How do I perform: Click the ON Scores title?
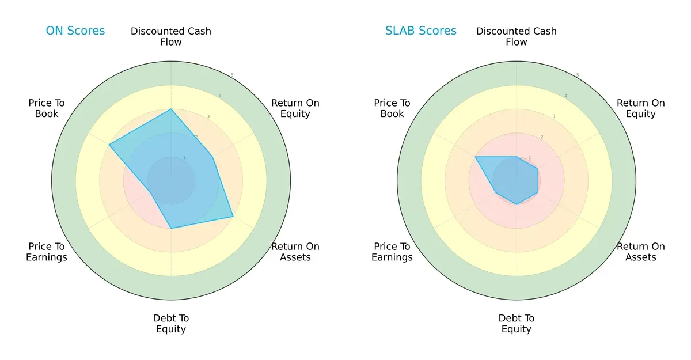[75, 31]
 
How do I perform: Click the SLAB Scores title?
[421, 31]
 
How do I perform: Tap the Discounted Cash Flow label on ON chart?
[171, 36]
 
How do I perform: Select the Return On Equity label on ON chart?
[295, 108]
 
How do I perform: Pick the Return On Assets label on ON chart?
[295, 252]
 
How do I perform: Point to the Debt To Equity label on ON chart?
[171, 324]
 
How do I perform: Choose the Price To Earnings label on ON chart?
[47, 252]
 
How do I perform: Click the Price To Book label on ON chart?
[47, 108]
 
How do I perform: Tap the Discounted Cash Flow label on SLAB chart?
[517, 36]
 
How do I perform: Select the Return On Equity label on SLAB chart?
[641, 108]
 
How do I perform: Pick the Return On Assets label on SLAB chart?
[641, 252]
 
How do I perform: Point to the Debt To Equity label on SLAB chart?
[517, 324]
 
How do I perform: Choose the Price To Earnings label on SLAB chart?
[392, 252]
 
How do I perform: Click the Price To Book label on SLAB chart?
[392, 108]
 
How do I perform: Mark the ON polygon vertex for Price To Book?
[109, 145]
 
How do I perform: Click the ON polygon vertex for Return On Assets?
[233, 217]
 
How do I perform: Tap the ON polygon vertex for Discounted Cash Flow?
[171, 109]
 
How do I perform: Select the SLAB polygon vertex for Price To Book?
[476, 157]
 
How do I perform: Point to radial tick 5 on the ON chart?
[232, 75]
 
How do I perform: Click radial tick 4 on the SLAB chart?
[565, 96]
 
